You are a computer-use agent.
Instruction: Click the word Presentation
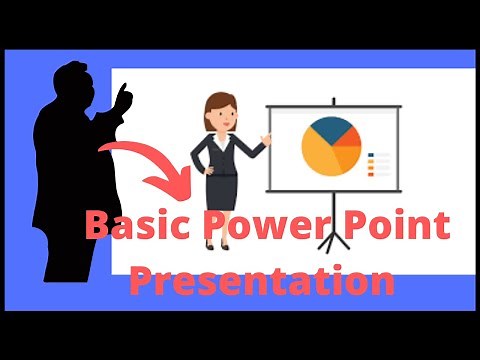pos(263,280)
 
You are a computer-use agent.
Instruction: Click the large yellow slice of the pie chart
pos(320,155)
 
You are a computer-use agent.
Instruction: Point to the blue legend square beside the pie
pos(372,155)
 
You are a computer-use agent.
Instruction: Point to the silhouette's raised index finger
pos(128,89)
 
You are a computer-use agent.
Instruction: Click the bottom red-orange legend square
pos(372,175)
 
